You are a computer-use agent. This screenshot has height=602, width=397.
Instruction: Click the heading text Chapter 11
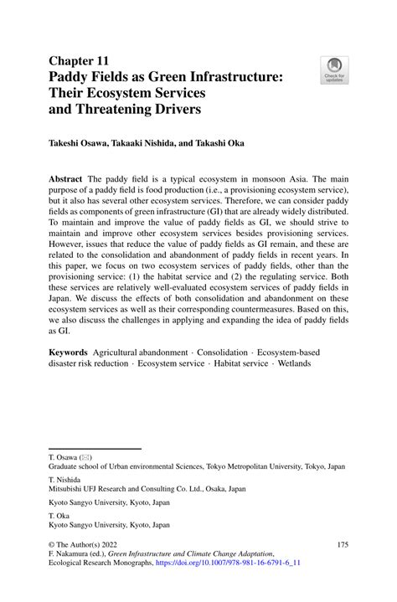click(80, 62)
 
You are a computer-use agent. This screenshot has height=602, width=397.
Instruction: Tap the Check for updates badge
click(336, 71)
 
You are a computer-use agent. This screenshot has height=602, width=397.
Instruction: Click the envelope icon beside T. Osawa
click(85, 458)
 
